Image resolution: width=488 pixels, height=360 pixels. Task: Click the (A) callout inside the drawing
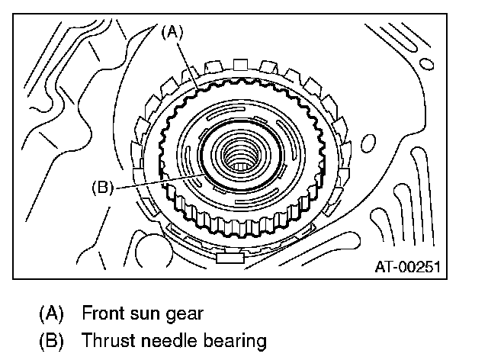170,32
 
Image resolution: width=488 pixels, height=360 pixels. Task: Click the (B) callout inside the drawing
102,186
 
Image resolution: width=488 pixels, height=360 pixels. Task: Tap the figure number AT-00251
409,267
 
